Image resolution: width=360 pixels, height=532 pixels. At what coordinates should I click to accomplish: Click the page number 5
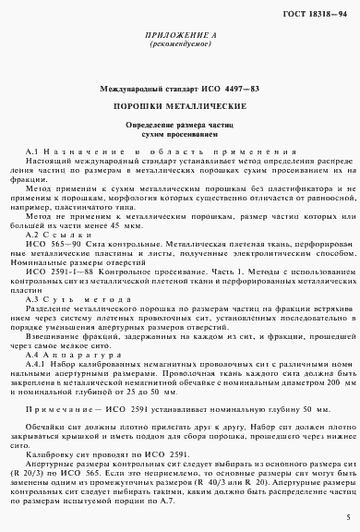(x=346, y=518)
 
